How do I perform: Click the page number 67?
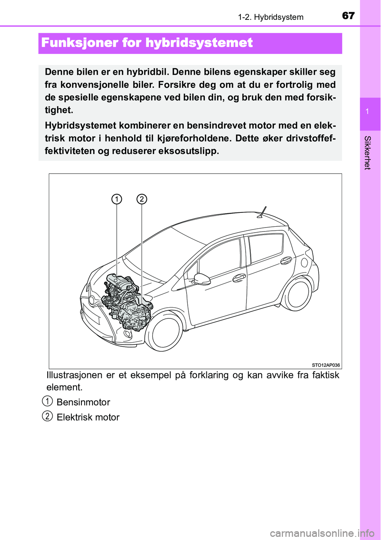[x=348, y=15]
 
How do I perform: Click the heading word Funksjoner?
[x=80, y=43]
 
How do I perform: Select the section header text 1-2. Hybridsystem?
[x=271, y=17]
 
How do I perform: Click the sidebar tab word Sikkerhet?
[x=368, y=153]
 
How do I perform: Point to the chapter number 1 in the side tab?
[x=368, y=112]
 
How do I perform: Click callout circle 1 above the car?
[x=117, y=199]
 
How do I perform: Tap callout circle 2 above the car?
[x=142, y=199]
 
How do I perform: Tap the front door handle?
[x=239, y=278]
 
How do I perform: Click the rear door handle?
[x=286, y=260]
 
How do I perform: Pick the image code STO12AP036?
[x=326, y=365]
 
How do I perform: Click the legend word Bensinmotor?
[x=83, y=402]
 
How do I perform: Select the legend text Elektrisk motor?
[x=88, y=417]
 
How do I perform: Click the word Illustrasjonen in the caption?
[x=74, y=375]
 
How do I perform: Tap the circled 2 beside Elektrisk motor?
[x=47, y=416]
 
